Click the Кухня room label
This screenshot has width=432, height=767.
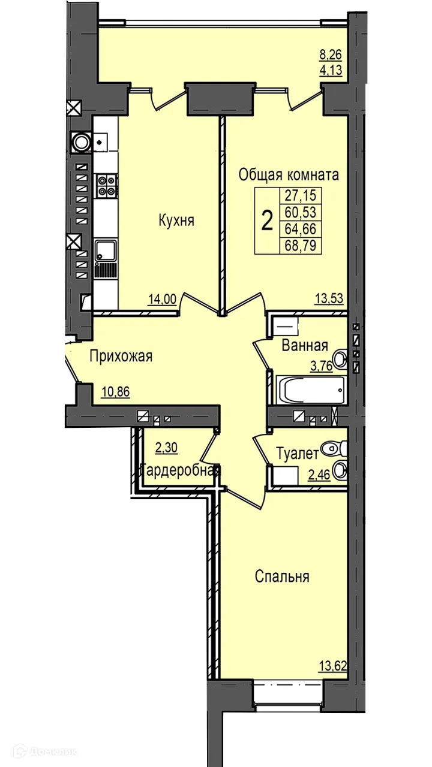point(176,220)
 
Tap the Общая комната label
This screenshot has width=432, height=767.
point(289,174)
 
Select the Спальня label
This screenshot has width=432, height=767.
point(282,576)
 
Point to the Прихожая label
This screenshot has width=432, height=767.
point(121,357)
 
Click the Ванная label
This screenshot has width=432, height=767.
point(305,346)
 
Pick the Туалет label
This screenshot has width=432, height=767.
point(297,454)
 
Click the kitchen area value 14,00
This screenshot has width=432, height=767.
point(162,299)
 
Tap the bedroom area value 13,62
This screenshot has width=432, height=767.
point(333,666)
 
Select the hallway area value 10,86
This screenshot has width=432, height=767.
point(116,391)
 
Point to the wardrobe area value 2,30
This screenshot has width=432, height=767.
point(166,447)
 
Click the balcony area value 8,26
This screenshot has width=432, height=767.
point(331,55)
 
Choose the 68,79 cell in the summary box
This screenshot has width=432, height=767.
point(301,246)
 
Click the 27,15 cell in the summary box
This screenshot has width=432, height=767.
point(301,196)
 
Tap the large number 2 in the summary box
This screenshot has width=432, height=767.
point(267,221)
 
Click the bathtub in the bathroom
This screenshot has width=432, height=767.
point(311,390)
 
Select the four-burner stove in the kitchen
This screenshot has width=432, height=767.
point(106,186)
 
